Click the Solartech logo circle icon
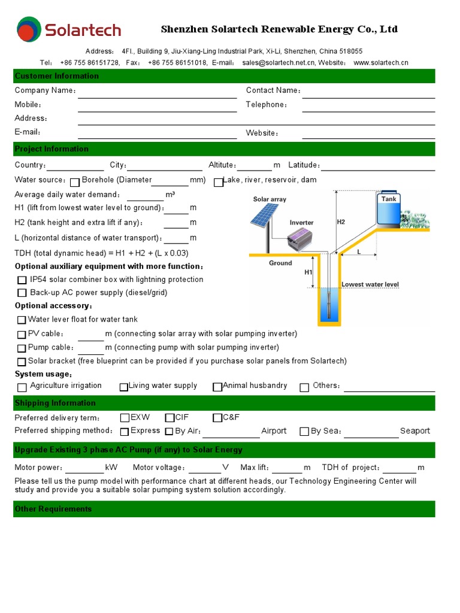(x=29, y=29)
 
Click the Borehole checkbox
(x=75, y=182)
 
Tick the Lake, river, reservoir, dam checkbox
(x=218, y=182)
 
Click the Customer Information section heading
(x=56, y=76)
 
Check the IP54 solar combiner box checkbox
(x=22, y=280)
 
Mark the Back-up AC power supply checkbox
(x=22, y=293)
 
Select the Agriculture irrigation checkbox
(x=22, y=387)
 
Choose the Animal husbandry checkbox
(x=217, y=387)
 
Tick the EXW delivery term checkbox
(x=125, y=418)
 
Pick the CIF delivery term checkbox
(x=170, y=418)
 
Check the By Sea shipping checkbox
(x=304, y=431)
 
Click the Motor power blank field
(x=84, y=468)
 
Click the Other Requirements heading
(x=53, y=509)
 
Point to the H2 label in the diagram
(x=341, y=222)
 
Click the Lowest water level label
(x=370, y=285)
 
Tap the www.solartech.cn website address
(x=380, y=63)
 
